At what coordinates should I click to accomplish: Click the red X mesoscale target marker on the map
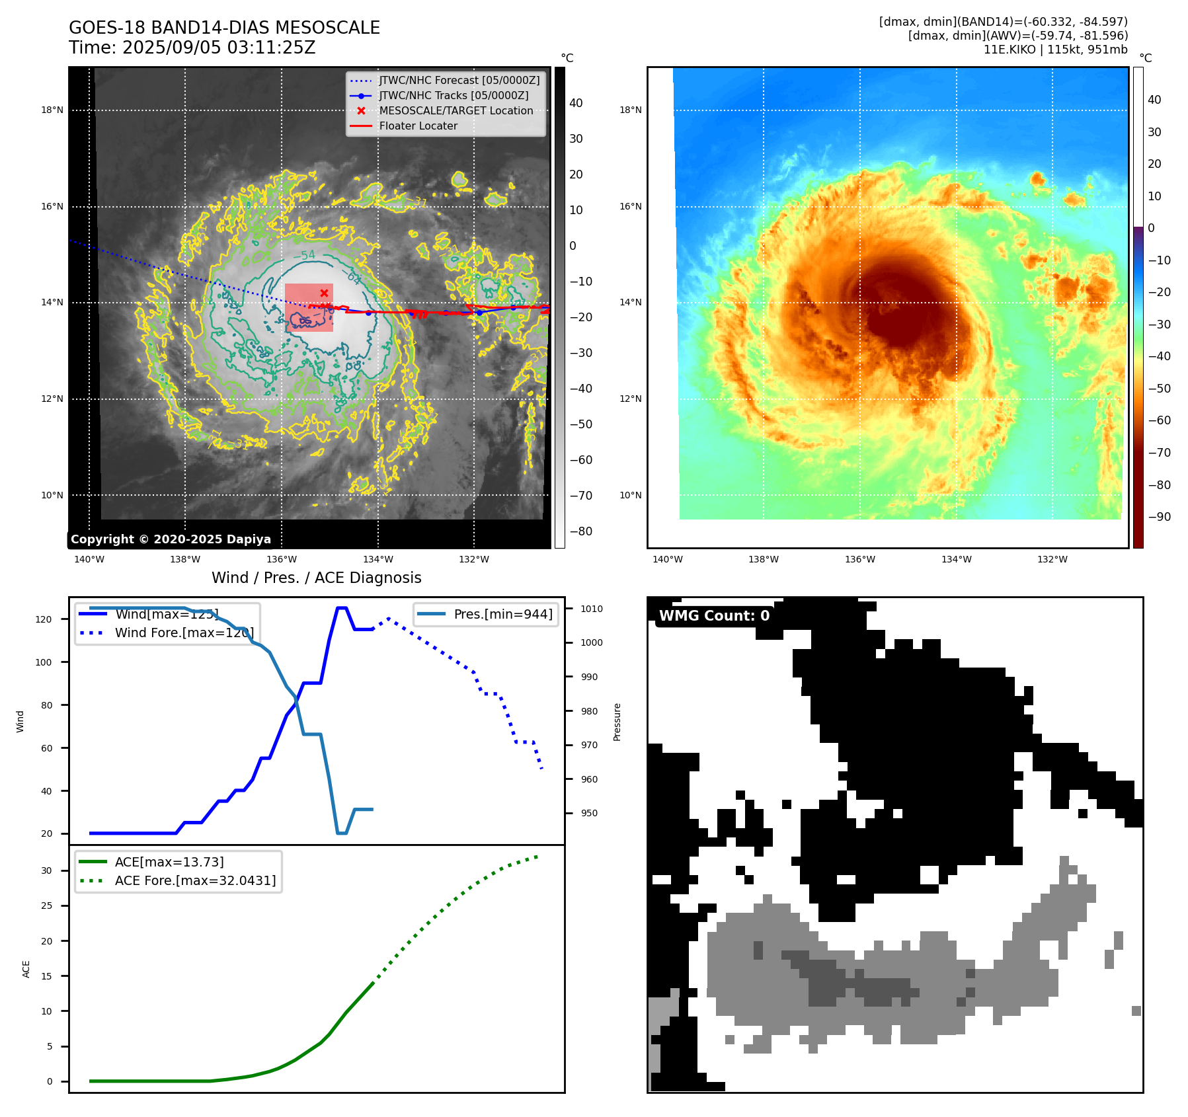point(324,293)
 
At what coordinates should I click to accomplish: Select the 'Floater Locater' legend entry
point(418,126)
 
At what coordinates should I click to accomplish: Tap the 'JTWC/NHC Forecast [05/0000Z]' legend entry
point(459,81)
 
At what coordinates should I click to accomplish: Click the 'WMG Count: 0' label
point(714,616)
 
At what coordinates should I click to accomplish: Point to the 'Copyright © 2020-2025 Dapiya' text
point(171,539)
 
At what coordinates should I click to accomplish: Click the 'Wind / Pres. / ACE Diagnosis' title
point(316,578)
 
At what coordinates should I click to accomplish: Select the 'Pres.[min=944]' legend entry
point(502,614)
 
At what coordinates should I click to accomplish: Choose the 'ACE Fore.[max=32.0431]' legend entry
point(195,880)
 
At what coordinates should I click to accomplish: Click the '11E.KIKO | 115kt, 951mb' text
point(1055,50)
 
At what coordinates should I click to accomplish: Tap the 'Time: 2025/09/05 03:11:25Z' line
point(192,48)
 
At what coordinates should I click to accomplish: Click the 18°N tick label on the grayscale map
point(52,110)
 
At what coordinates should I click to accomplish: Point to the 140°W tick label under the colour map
point(667,560)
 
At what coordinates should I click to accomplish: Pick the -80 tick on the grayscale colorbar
point(581,531)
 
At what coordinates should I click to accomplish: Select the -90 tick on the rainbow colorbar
point(1159,517)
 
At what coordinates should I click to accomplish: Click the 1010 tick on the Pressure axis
point(592,609)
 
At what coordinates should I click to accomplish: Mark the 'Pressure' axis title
point(617,722)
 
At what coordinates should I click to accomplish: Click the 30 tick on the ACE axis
point(46,870)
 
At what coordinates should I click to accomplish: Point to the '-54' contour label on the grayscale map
point(304,255)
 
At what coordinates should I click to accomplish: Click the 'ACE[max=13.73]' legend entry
point(169,862)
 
